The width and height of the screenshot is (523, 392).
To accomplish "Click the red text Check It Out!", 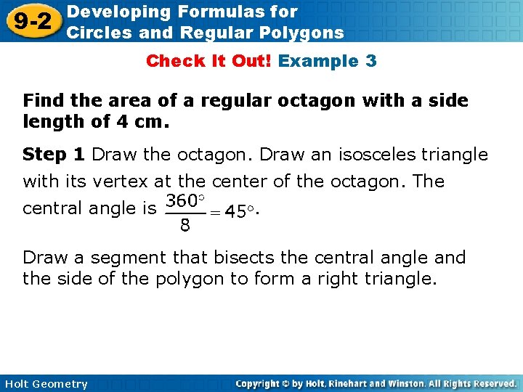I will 208,61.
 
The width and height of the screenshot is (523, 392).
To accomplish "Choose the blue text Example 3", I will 328,61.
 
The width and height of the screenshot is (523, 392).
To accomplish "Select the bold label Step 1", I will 54,155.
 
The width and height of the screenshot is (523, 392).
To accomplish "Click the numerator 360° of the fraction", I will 186,200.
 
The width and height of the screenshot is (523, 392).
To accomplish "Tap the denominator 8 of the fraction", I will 185,226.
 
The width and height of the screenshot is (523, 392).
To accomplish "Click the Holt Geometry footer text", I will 45,384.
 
